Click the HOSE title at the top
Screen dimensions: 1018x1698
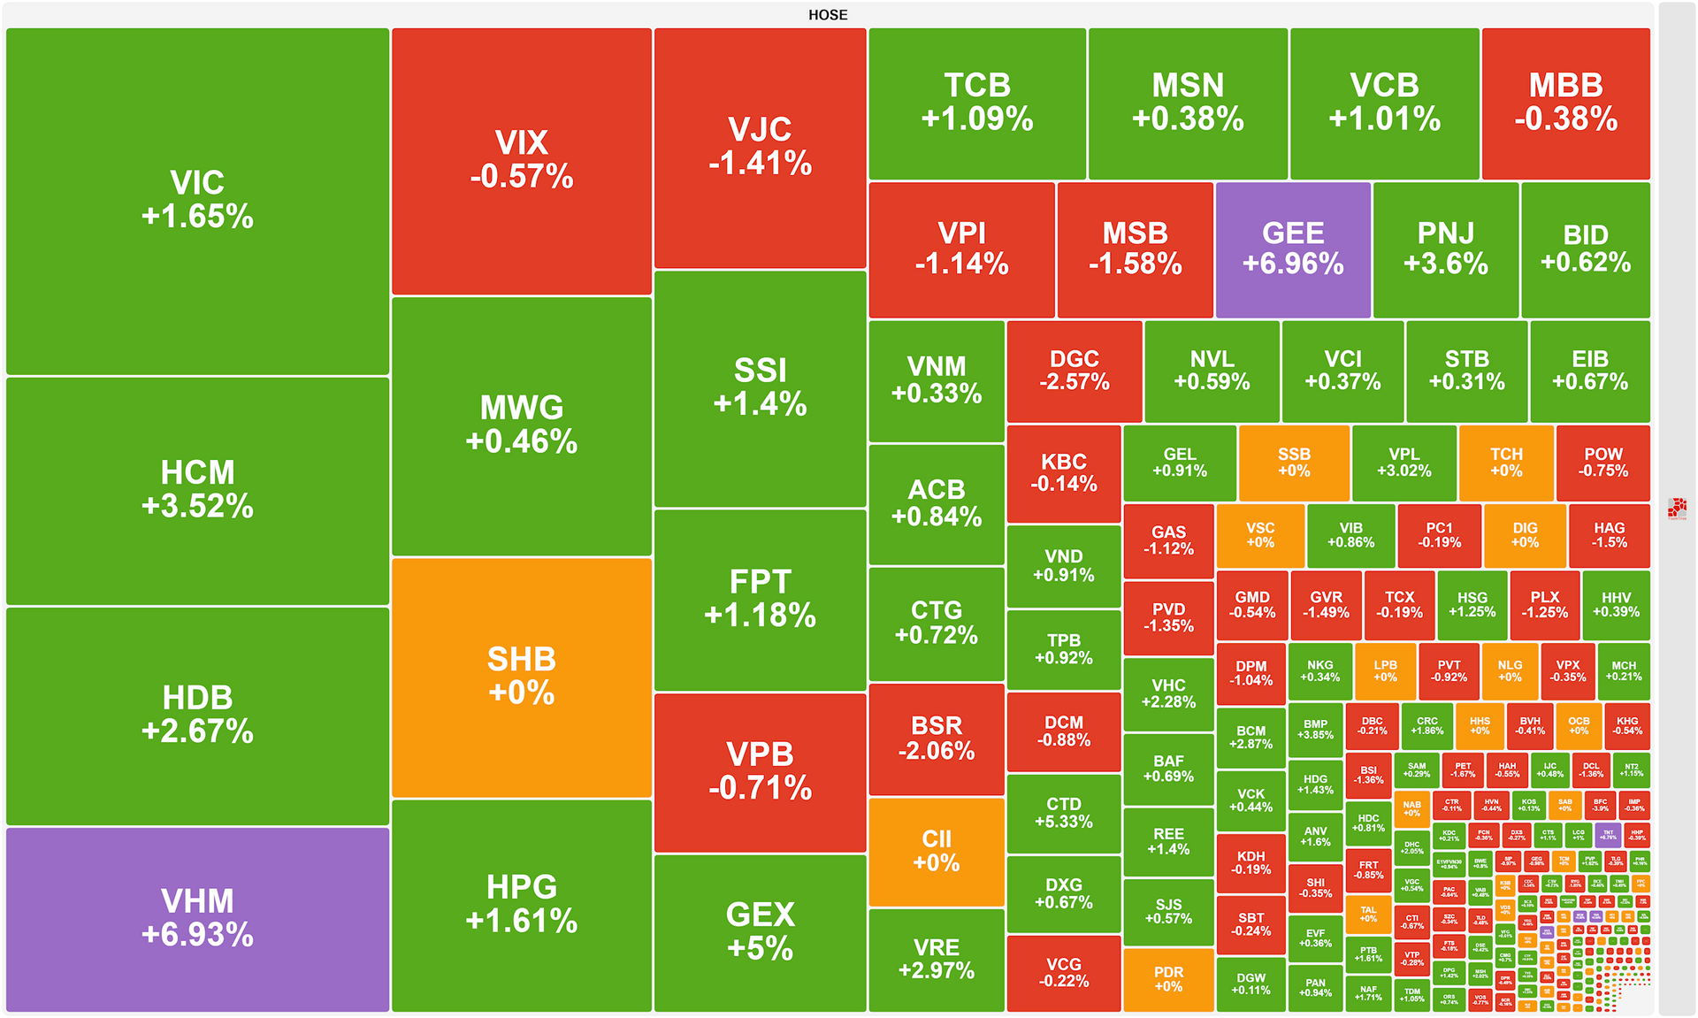828,15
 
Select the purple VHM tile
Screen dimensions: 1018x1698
197,918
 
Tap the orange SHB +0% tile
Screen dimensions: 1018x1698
522,677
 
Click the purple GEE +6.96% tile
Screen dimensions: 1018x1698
1293,249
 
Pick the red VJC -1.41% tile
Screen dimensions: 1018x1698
760,147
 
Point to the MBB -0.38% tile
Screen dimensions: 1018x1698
1565,103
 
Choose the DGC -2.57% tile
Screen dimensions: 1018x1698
1074,371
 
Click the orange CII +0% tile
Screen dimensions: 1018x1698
937,851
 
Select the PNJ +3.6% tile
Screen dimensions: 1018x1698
1445,249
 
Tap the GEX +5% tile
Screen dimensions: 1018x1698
760,931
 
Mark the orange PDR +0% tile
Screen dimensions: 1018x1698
1168,979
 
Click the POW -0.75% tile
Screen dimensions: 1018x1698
1602,463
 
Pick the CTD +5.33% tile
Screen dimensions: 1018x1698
1063,813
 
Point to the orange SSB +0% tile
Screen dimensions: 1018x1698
1294,463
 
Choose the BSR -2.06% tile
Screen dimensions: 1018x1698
937,739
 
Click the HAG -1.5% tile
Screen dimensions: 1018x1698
1609,535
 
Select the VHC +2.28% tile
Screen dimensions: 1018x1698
1168,693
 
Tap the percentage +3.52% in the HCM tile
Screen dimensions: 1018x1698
197,507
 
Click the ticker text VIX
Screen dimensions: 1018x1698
522,143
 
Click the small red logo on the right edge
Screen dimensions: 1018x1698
1677,509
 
